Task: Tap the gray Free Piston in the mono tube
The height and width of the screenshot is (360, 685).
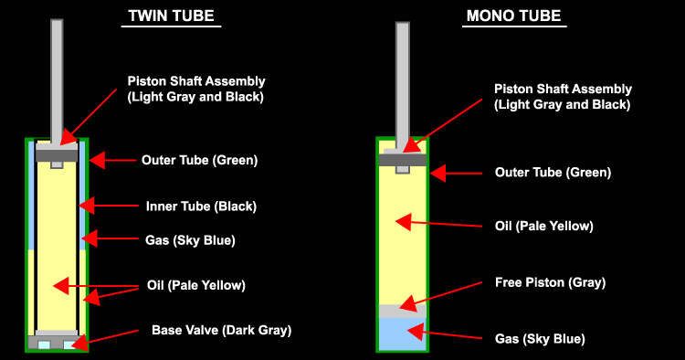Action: pyautogui.click(x=403, y=311)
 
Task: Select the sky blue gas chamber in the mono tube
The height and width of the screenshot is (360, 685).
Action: pyautogui.click(x=403, y=334)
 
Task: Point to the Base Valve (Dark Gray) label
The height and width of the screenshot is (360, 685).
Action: pyautogui.click(x=221, y=330)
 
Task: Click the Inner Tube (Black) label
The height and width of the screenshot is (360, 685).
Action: pyautogui.click(x=201, y=206)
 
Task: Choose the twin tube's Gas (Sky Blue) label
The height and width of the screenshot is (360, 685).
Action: pyautogui.click(x=191, y=240)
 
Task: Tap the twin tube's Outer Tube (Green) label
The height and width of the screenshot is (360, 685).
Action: pyautogui.click(x=200, y=160)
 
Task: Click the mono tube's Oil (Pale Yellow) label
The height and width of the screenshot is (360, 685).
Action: pyautogui.click(x=544, y=226)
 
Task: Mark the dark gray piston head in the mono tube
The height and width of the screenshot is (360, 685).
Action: pyautogui.click(x=403, y=160)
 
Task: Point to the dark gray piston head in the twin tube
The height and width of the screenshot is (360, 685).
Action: pyautogui.click(x=57, y=154)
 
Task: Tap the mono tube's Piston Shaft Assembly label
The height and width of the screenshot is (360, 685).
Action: pyautogui.click(x=562, y=97)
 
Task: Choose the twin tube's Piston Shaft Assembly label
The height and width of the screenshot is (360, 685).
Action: pyautogui.click(x=195, y=88)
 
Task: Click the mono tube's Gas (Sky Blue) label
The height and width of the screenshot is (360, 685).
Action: pyautogui.click(x=539, y=339)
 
